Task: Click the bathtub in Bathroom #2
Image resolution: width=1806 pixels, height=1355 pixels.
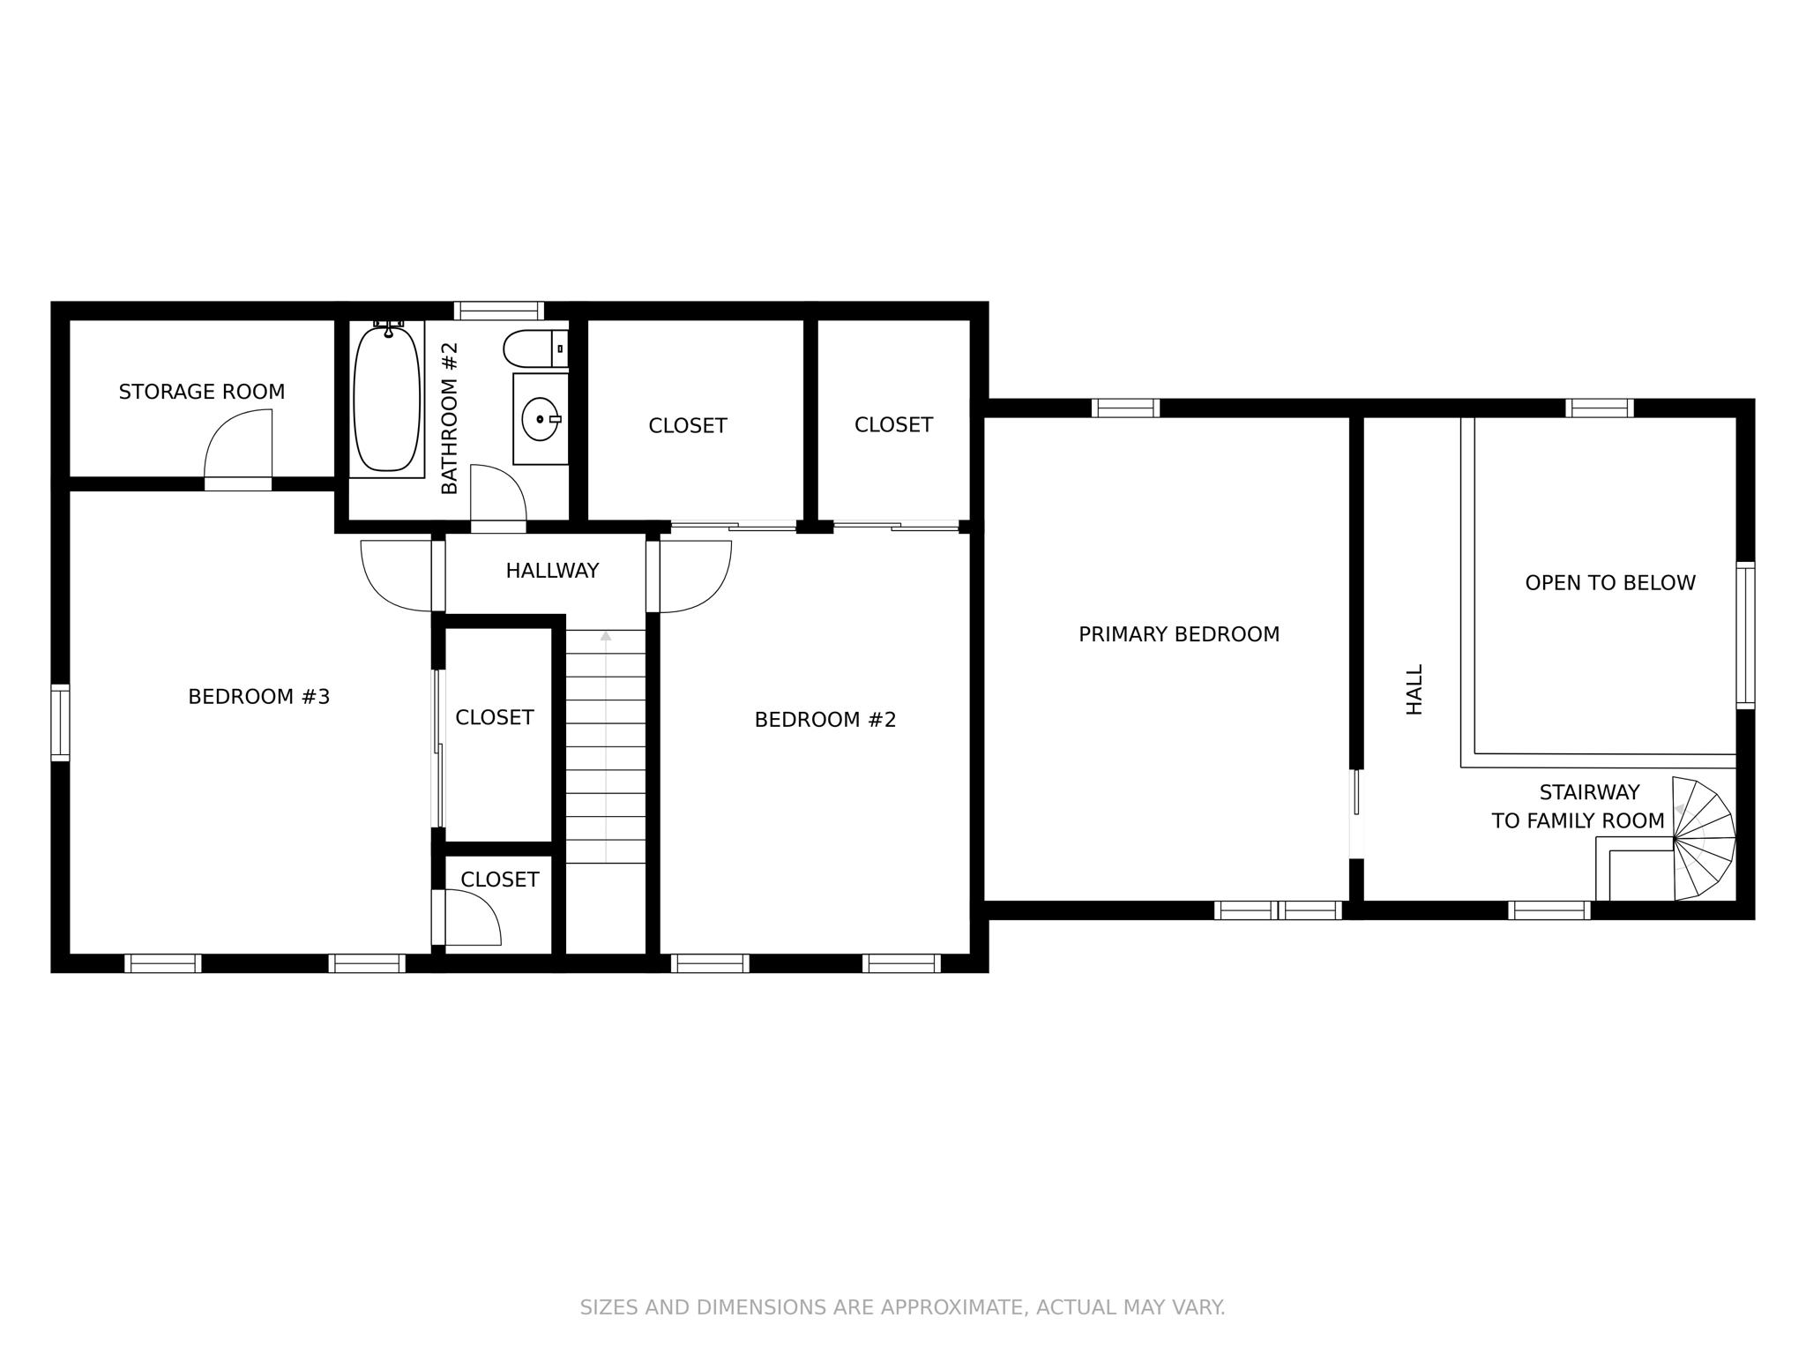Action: click(386, 399)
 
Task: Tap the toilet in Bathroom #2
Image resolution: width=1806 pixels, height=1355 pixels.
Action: click(533, 349)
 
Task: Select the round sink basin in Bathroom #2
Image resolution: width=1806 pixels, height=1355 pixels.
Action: click(540, 419)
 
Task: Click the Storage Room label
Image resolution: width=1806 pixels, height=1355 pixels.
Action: click(202, 392)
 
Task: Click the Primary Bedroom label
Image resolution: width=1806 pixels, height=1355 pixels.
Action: click(1179, 634)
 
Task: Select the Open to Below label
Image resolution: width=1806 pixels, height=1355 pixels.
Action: click(1610, 583)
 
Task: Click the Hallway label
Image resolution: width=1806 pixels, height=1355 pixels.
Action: click(552, 571)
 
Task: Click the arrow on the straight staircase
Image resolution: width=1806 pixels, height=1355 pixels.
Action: click(606, 636)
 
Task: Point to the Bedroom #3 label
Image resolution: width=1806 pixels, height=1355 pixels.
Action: click(259, 697)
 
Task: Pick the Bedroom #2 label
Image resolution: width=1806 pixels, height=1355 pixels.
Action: click(825, 720)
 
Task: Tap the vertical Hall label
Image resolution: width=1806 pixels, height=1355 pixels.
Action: click(1414, 689)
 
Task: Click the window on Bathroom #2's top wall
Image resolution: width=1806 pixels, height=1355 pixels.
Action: click(499, 311)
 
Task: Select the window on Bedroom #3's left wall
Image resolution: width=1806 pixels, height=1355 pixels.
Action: click(60, 722)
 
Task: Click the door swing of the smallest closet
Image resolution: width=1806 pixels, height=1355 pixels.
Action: click(472, 917)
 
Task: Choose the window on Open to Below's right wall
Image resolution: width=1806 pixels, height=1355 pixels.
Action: click(1745, 634)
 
